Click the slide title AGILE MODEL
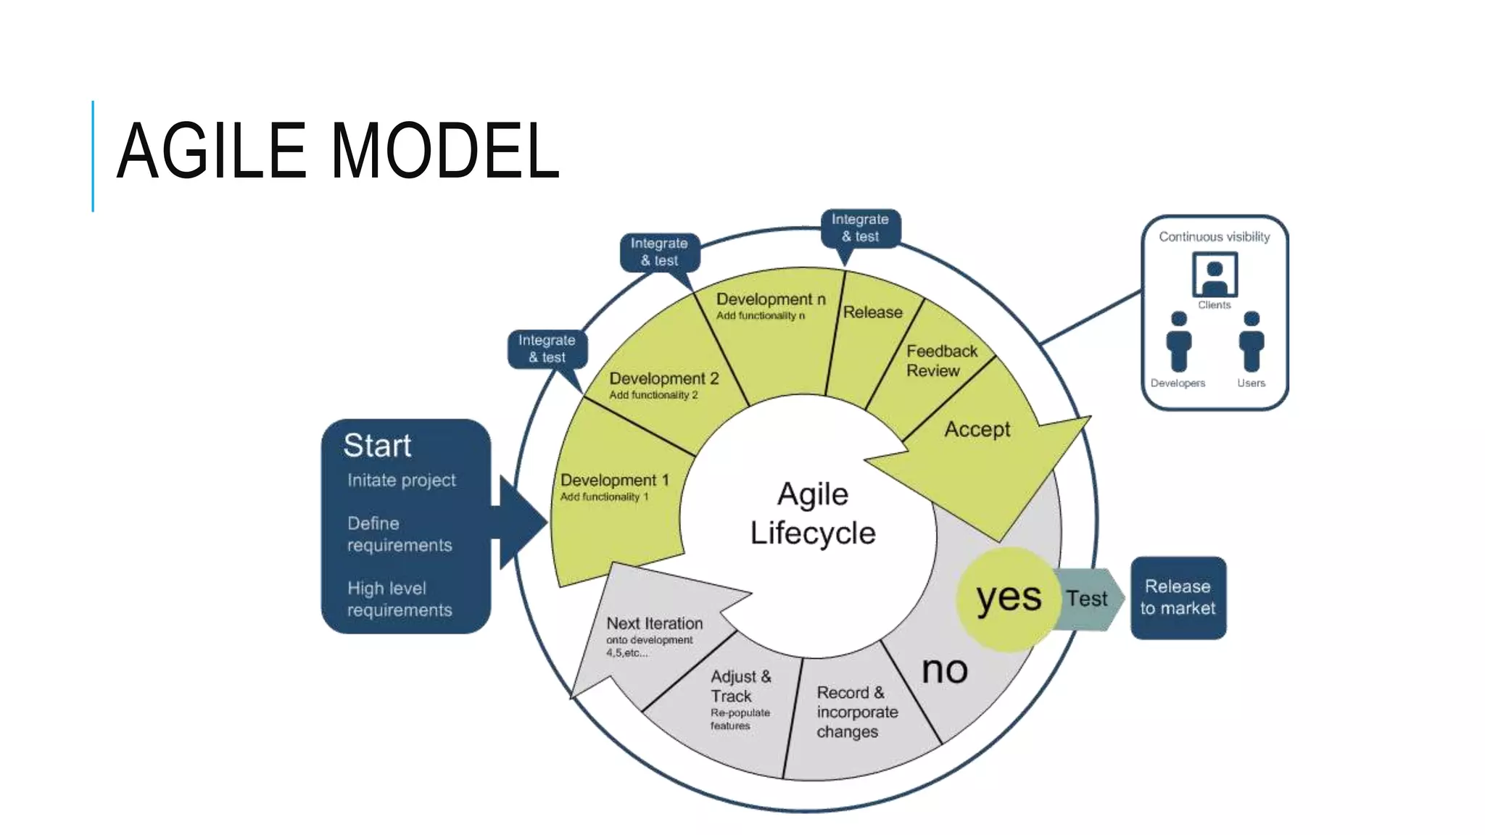(338, 151)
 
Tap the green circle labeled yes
(1008, 599)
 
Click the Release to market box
(1178, 597)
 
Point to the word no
(944, 670)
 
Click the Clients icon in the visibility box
(1215, 274)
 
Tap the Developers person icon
(1178, 341)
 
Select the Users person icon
(1251, 341)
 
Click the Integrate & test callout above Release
(860, 228)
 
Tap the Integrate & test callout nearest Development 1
(547, 349)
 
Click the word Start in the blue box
(377, 445)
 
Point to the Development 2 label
(663, 378)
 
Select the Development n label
(770, 299)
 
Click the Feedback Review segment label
(941, 360)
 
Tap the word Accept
(977, 429)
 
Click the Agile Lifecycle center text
(812, 513)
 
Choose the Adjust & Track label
(740, 686)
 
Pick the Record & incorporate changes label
(856, 712)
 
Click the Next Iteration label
(654, 623)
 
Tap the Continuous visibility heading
(1214, 237)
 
